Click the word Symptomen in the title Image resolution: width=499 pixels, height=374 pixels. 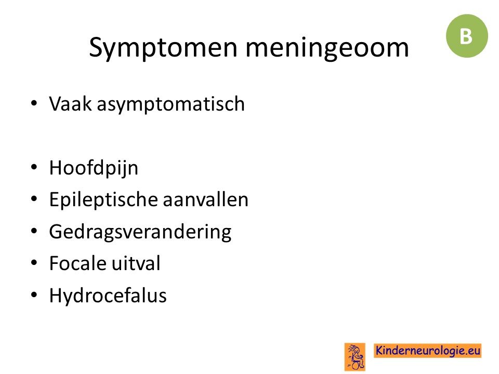pyautogui.click(x=163, y=48)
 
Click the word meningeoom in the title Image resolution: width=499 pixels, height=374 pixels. pyautogui.click(x=327, y=48)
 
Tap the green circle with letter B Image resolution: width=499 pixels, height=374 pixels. pyautogui.click(x=467, y=36)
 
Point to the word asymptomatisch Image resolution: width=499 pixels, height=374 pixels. pyautogui.click(x=171, y=104)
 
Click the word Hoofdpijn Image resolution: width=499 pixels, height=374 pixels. pyautogui.click(x=94, y=168)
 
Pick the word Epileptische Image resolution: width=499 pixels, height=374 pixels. pyautogui.click(x=103, y=200)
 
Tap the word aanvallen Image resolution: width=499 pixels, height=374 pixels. pyautogui.click(x=206, y=199)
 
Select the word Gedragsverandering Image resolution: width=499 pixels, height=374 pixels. pyautogui.click(x=140, y=232)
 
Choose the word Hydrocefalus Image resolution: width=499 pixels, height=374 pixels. pyautogui.click(x=108, y=295)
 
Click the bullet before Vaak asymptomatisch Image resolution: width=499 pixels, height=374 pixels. pyautogui.click(x=34, y=103)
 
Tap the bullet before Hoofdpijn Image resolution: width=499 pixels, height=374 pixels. pyautogui.click(x=34, y=167)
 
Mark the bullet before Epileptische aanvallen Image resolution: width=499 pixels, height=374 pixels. pyautogui.click(x=34, y=199)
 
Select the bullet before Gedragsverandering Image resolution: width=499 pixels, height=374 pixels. pyautogui.click(x=34, y=231)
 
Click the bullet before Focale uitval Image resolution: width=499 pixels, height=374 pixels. pyautogui.click(x=34, y=263)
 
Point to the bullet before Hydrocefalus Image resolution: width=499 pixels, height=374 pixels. pyautogui.click(x=34, y=295)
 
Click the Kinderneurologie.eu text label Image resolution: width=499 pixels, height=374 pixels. pyautogui.click(x=428, y=351)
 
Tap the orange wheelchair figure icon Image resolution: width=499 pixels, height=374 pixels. pyautogui.click(x=355, y=357)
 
